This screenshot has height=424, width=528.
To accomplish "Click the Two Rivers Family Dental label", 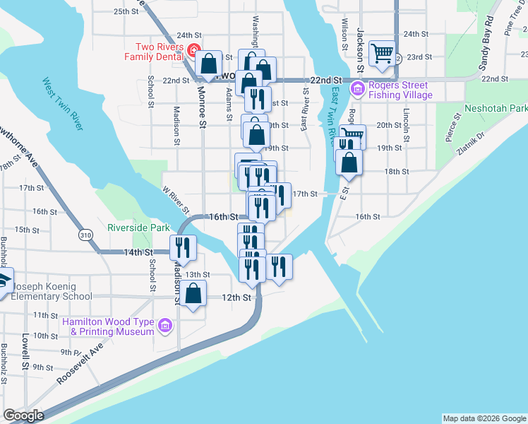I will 152,52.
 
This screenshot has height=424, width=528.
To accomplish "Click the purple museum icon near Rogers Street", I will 357,89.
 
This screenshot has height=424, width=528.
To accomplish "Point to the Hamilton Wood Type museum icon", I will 165,326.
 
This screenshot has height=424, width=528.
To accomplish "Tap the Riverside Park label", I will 138,228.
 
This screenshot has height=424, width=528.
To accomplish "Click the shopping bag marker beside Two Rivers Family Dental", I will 209,63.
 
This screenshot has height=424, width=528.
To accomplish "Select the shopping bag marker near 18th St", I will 349,162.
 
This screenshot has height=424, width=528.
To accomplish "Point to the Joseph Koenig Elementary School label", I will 47,297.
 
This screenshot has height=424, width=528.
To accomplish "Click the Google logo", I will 23,416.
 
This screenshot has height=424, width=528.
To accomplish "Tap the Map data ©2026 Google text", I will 484,418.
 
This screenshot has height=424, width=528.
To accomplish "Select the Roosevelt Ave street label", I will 80,363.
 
